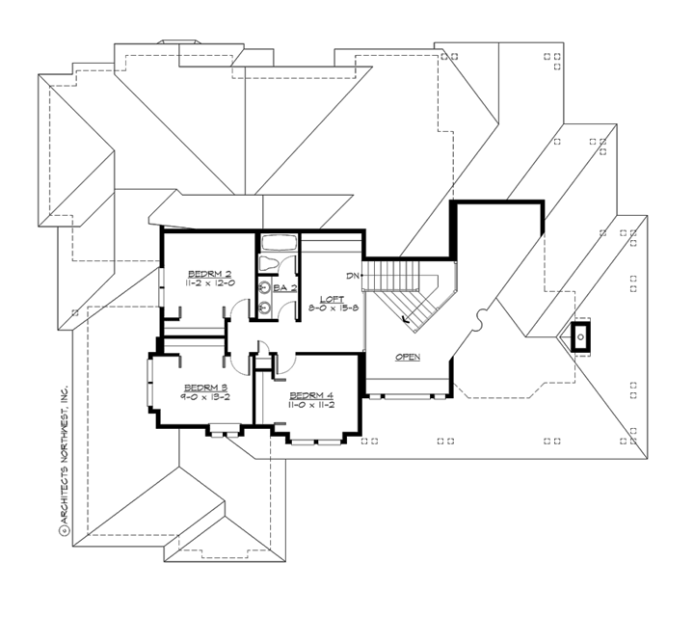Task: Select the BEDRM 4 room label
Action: point(310,395)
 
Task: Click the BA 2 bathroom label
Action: point(283,287)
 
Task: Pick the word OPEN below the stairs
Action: point(408,357)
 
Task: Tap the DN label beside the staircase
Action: point(354,277)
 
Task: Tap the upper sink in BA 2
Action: point(263,286)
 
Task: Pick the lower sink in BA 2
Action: point(263,309)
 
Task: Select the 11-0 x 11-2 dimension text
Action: point(310,406)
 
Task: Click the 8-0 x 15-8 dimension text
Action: point(334,308)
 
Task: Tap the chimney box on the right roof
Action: point(581,338)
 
